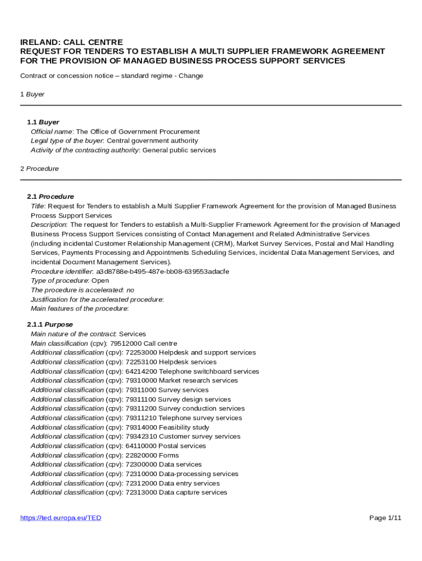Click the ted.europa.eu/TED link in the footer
[x=61, y=518]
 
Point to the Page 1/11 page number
[x=385, y=518]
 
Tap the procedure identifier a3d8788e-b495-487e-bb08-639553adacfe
[x=163, y=272]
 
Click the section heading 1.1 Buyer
[x=43, y=122]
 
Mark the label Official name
[x=52, y=131]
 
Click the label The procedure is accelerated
[x=76, y=290]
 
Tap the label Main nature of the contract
[x=73, y=334]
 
